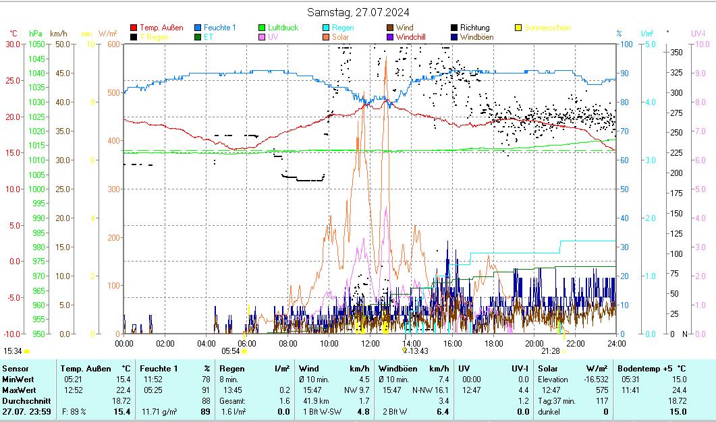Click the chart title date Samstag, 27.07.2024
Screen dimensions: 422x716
358,12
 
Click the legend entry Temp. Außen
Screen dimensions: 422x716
161,28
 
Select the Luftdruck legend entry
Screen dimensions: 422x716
283,28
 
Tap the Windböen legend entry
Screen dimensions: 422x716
476,37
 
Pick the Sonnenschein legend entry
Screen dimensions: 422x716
547,28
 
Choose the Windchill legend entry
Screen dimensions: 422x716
410,37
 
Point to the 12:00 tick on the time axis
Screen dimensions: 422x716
370,343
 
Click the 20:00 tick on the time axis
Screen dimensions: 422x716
534,343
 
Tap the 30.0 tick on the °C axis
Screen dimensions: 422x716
13,44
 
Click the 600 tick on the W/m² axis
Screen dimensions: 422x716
112,44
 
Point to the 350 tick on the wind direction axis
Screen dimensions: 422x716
676,52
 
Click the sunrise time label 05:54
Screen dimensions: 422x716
231,351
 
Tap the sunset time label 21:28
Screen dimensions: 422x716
550,351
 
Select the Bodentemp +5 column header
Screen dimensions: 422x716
652,369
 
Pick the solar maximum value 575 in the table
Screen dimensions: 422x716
601,390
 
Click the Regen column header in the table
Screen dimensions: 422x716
232,369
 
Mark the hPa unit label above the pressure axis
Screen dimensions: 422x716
36,33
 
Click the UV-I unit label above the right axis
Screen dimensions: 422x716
698,33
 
